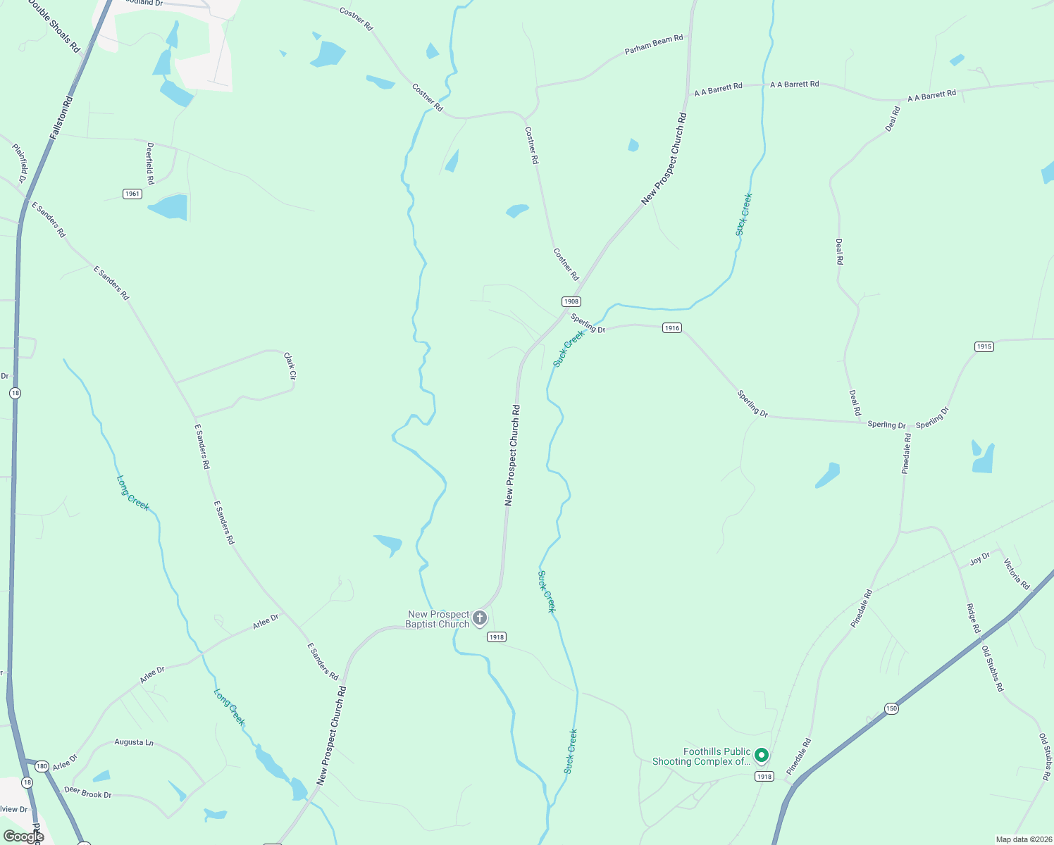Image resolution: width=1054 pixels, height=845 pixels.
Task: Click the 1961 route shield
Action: (x=132, y=194)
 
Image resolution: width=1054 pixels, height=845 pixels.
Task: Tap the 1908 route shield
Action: (x=571, y=301)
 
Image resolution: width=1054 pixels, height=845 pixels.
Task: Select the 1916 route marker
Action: (x=672, y=328)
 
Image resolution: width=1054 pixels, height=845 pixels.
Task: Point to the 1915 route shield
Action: (x=984, y=346)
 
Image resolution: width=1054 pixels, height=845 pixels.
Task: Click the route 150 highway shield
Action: (x=892, y=708)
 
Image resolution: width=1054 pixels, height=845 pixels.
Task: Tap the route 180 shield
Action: (x=42, y=766)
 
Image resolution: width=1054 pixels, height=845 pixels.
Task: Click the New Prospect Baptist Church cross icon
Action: (x=480, y=618)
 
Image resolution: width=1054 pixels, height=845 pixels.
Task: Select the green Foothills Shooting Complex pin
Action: (x=761, y=756)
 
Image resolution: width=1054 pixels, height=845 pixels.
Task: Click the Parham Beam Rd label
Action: (x=654, y=44)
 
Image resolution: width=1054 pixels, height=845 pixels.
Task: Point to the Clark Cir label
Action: (x=290, y=366)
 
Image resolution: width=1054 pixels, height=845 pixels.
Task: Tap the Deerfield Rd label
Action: (x=150, y=163)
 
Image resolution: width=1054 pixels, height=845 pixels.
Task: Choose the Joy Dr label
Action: (x=979, y=559)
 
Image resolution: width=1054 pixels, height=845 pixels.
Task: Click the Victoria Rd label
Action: (x=1017, y=574)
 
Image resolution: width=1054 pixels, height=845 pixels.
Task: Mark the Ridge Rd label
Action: (x=973, y=618)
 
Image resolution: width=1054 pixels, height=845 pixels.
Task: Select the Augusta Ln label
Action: (x=134, y=742)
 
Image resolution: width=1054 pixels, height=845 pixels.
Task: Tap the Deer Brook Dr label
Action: (x=88, y=793)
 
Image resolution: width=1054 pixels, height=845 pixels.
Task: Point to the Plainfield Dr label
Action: (x=19, y=163)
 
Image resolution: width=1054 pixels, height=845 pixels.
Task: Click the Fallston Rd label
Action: (x=61, y=118)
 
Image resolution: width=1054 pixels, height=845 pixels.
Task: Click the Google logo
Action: (x=24, y=837)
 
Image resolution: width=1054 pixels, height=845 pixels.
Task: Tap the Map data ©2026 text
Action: (x=1022, y=839)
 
